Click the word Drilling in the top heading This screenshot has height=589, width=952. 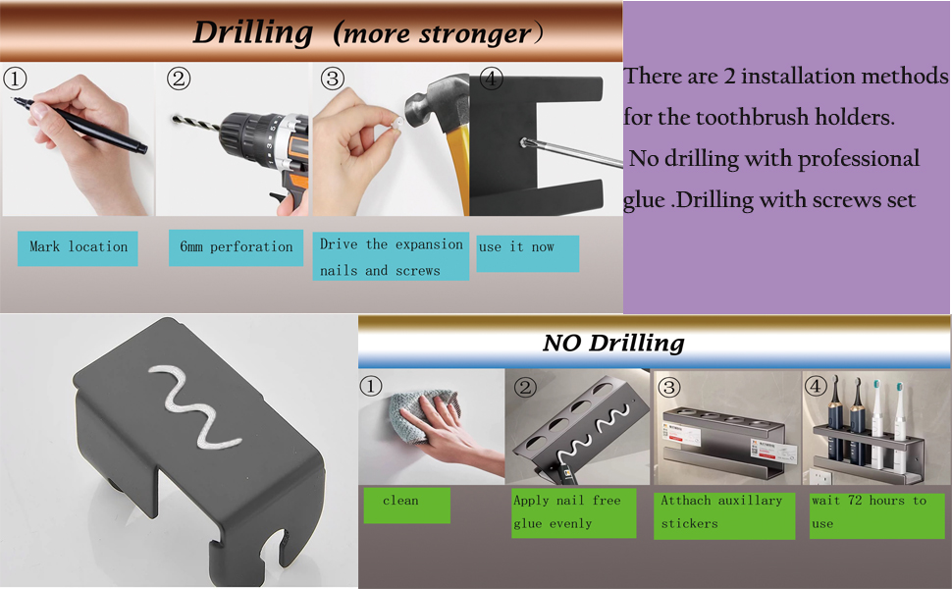(x=252, y=32)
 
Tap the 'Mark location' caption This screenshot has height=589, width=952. (x=79, y=246)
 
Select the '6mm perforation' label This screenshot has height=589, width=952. (x=237, y=246)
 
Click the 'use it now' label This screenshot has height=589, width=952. (x=516, y=246)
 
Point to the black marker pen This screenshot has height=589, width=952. (x=79, y=125)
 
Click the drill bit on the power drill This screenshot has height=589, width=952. (x=195, y=123)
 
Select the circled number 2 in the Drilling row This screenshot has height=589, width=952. (x=179, y=79)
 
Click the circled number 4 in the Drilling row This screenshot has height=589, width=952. (x=491, y=79)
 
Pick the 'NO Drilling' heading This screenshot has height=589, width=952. (x=613, y=343)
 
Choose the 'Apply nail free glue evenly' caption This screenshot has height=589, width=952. (x=567, y=511)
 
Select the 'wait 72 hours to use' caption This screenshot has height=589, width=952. (x=869, y=511)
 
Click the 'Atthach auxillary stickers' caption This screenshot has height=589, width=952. (x=721, y=511)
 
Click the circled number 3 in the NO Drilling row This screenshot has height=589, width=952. (x=669, y=387)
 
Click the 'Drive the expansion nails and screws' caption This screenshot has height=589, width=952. (x=391, y=257)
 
